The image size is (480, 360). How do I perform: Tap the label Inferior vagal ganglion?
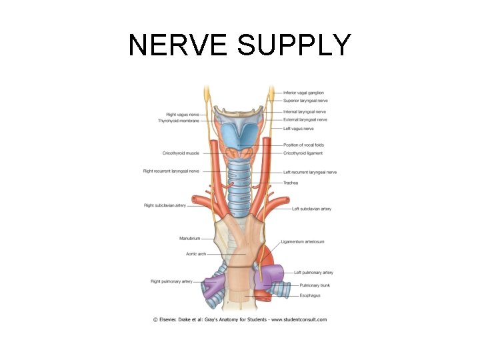[303, 93]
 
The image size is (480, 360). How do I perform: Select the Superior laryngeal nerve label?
[305, 101]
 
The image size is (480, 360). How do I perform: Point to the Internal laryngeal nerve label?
[305, 112]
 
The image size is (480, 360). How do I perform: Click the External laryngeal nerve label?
[305, 120]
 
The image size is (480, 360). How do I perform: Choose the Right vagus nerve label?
[183, 115]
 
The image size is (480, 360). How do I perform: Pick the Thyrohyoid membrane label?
[179, 121]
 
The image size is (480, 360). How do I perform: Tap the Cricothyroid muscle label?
[181, 153]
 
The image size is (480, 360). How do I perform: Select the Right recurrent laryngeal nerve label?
[171, 171]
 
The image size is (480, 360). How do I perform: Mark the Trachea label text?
[291, 183]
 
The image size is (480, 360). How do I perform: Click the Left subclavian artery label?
[311, 209]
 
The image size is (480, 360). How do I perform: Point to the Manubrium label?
[190, 238]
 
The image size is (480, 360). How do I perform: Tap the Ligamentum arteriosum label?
[303, 242]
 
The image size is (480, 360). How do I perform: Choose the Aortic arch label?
[196, 254]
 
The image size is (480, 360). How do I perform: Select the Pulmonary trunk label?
[314, 285]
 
